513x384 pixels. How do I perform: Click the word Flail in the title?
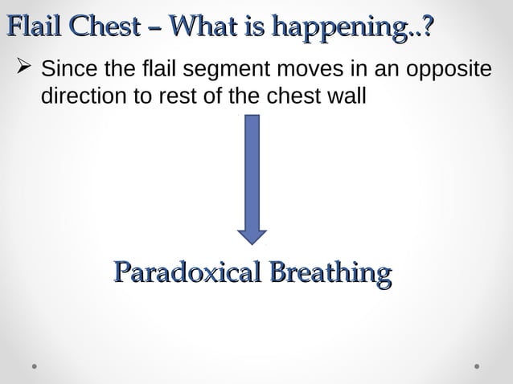point(37,26)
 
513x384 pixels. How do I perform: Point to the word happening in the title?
point(342,27)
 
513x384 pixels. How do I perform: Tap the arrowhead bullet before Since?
point(21,69)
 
